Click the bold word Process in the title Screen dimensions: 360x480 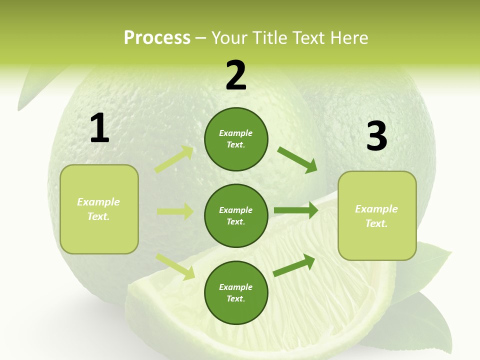157,38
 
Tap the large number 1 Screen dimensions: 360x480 99,128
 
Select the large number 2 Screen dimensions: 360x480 236,75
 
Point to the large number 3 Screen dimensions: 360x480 376,136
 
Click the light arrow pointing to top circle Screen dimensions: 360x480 174,159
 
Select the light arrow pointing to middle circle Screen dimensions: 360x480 175,211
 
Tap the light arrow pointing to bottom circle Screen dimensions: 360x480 175,266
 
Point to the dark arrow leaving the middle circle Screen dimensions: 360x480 296,210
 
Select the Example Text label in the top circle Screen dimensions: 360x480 236,139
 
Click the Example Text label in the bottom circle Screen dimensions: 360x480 236,293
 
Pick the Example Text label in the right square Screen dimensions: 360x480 376,216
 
